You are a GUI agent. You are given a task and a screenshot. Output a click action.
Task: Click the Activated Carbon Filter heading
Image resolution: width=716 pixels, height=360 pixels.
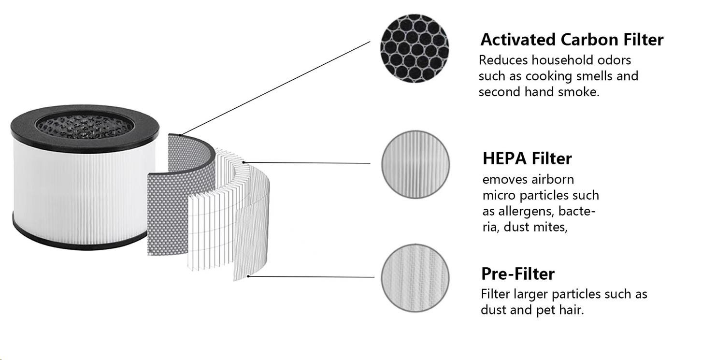click(x=572, y=40)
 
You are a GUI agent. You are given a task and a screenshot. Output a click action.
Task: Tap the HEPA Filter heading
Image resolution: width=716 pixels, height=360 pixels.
click(x=527, y=158)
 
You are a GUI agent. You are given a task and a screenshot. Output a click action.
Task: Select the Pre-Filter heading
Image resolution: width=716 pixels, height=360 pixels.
click(x=517, y=274)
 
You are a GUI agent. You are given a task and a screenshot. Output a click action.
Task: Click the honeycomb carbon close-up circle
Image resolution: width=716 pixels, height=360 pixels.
click(x=415, y=49)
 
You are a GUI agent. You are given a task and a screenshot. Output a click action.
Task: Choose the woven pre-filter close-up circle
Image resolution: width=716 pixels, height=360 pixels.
click(x=415, y=278)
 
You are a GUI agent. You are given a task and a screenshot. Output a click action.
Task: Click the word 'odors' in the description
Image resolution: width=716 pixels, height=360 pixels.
click(x=614, y=60)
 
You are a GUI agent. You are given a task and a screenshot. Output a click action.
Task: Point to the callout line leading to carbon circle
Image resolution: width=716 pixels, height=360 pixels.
click(x=275, y=87)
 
